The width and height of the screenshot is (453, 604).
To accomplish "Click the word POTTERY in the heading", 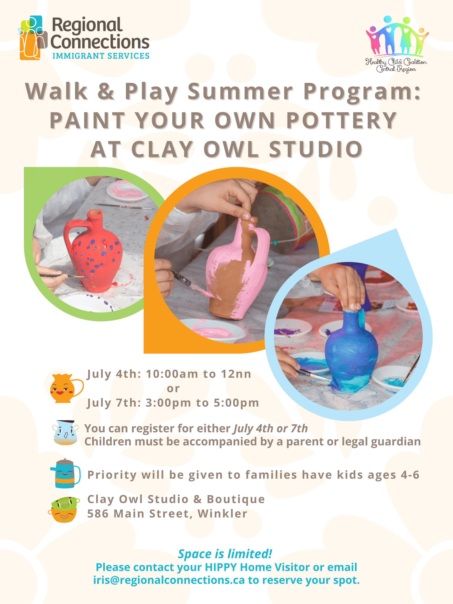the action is click(342, 120).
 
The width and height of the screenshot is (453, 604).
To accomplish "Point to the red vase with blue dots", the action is click(93, 251).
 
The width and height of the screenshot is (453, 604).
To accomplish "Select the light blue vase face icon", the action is click(65, 433).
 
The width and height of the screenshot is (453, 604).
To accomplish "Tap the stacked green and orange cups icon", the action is click(64, 510).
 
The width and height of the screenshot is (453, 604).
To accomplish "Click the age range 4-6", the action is click(410, 475).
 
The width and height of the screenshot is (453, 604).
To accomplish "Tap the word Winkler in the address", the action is click(223, 514).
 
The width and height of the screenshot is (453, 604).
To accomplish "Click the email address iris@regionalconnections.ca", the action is click(169, 580).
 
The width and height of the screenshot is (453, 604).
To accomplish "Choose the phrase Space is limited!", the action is click(225, 554).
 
